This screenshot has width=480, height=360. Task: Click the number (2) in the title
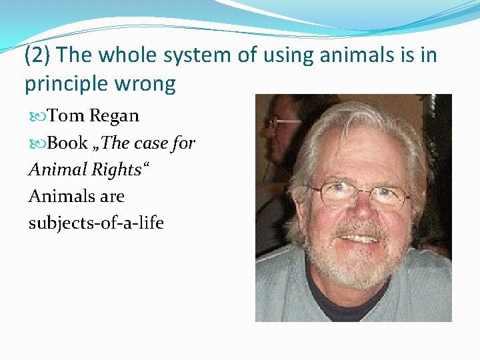click(38, 56)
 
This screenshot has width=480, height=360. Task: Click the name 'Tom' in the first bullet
click(65, 116)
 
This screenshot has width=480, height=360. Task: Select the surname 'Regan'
click(114, 117)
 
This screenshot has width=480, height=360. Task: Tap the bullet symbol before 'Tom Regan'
click(37, 117)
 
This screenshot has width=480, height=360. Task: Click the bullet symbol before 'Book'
click(37, 143)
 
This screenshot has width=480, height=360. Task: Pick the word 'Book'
click(67, 143)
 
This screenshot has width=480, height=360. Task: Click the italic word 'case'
click(155, 143)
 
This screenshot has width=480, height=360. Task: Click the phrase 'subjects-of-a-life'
click(96, 223)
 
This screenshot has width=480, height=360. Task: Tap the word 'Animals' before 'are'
click(57, 197)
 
